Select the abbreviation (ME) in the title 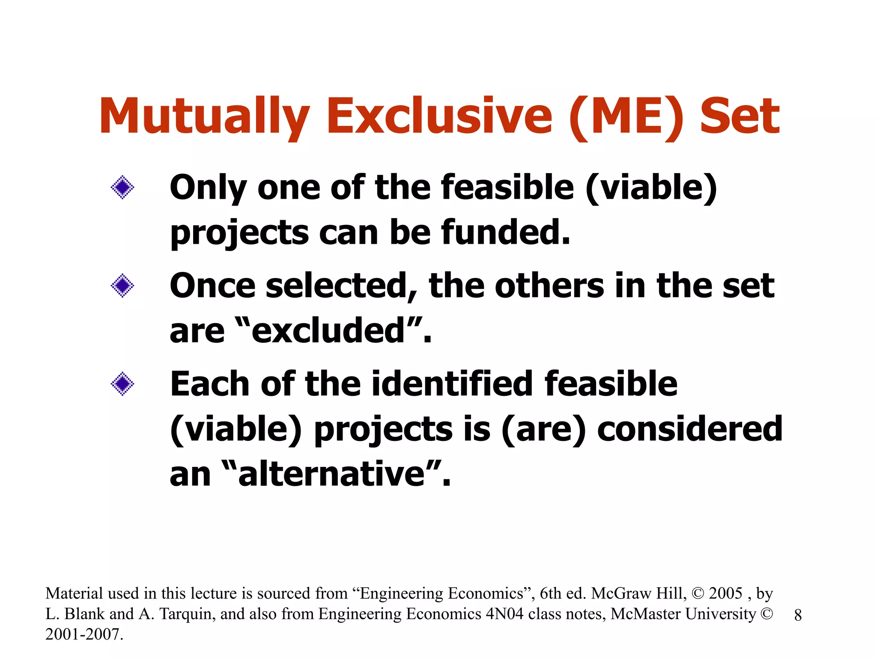627,117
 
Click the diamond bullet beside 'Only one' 122,187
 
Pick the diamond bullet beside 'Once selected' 122,285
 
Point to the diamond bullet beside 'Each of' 122,383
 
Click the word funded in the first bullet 506,232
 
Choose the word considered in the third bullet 690,429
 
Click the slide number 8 798,615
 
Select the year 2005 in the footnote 725,593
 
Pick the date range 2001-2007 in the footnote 84,634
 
